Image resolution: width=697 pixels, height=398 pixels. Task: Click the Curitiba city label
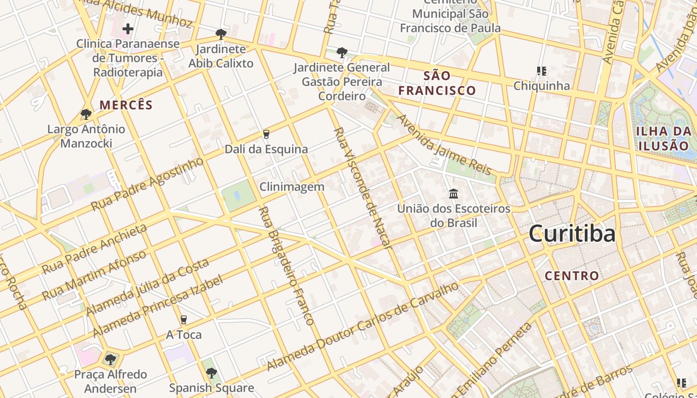coord(572,234)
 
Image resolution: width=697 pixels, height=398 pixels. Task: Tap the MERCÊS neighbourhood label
coord(126,105)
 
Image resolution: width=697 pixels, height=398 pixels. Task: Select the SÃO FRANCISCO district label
coord(437,83)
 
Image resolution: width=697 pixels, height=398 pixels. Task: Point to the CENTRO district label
coord(572,276)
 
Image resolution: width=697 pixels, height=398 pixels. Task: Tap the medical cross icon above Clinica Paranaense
coord(128,29)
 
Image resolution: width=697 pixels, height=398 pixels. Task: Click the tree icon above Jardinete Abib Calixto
coord(221,34)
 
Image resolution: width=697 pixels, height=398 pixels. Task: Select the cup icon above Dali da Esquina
coord(266,134)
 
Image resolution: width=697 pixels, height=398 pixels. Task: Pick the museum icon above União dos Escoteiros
coord(453,194)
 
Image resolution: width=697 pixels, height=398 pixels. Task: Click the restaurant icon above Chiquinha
coord(541,71)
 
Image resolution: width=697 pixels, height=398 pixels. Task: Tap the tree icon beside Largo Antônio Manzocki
coord(86,114)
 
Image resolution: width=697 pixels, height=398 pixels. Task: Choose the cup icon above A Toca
coord(184,319)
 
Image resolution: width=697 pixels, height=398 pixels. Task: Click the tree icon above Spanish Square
coord(212,373)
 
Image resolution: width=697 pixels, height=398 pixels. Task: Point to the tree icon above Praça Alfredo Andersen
coord(111,359)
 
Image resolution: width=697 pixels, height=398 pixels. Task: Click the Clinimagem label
coord(292,187)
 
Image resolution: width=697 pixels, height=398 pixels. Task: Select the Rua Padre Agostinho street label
coord(147,184)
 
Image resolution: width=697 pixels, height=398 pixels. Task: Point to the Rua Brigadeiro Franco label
coord(287,266)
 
